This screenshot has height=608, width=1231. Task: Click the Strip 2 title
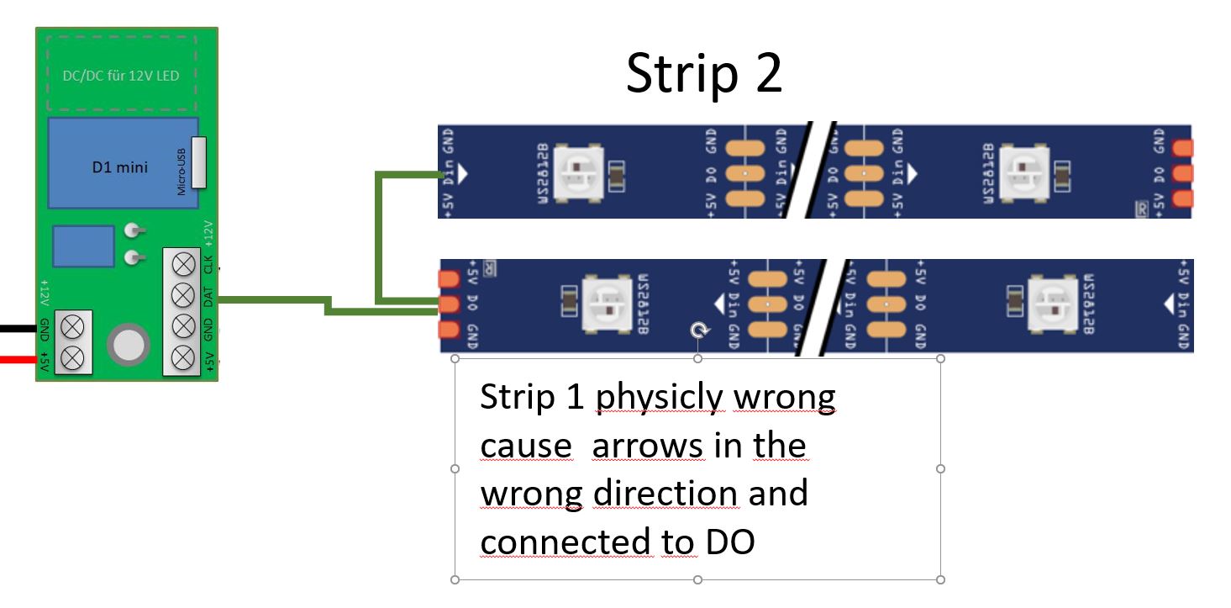[704, 74]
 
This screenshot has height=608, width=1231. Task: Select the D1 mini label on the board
[119, 167]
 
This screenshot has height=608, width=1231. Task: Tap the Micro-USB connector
[198, 162]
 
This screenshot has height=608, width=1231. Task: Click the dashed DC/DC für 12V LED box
[120, 76]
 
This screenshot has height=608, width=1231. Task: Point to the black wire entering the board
[17, 328]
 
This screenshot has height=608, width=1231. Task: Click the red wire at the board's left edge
[17, 360]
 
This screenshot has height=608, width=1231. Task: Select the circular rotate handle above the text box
[697, 331]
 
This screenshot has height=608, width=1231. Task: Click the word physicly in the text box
[658, 396]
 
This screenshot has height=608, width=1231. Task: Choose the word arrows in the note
[647, 445]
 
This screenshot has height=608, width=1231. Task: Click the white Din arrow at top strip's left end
[461, 173]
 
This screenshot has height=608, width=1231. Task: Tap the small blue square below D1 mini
[83, 246]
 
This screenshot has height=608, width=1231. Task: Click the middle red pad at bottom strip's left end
[449, 303]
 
